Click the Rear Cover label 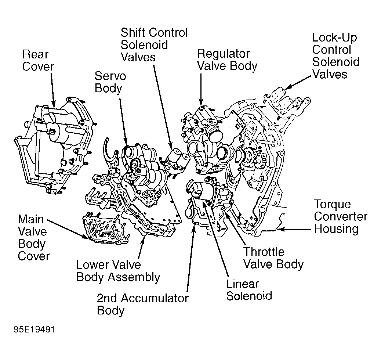point(38,60)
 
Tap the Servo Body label point(110,82)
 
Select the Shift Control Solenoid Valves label point(154,45)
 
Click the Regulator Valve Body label point(227,60)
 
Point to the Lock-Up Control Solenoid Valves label point(335,56)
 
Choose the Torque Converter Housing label point(340,216)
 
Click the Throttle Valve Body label point(273,258)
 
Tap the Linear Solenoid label point(249,290)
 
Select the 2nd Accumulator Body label point(142,304)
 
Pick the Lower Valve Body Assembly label point(118,271)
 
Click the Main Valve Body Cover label point(33,237)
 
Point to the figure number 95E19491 point(34,330)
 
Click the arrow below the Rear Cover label point(52,89)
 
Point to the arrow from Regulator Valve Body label point(201,89)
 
